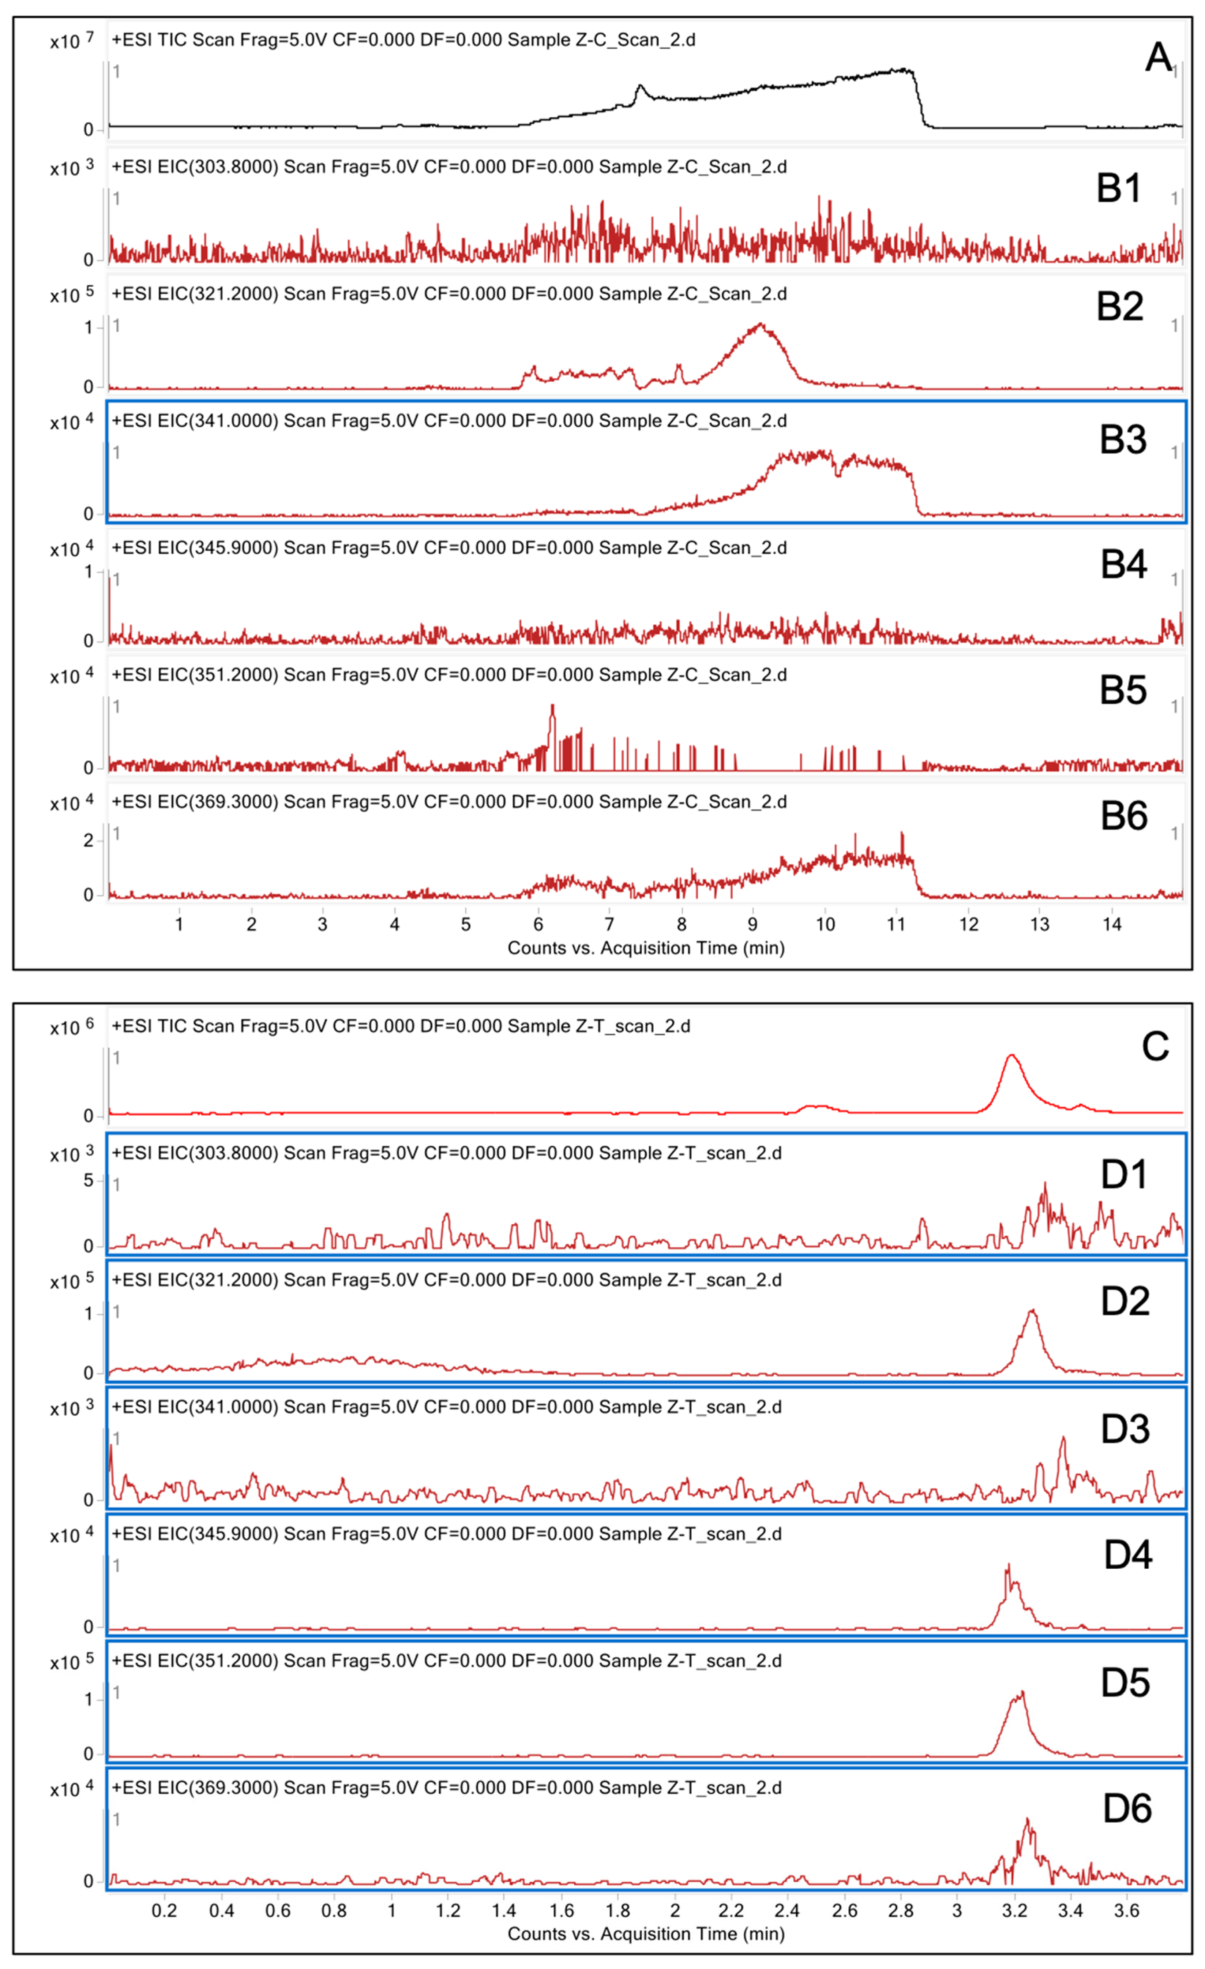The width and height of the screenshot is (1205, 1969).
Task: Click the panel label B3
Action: click(1123, 439)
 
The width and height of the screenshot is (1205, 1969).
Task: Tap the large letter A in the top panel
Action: click(1158, 57)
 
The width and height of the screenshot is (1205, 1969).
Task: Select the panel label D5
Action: click(1125, 1682)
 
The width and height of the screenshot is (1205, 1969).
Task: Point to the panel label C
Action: click(1155, 1046)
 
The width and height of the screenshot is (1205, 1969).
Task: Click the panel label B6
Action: click(1123, 816)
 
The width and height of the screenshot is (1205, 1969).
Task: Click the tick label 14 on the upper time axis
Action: click(1111, 925)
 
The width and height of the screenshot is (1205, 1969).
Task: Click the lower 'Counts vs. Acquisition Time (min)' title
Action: click(646, 1934)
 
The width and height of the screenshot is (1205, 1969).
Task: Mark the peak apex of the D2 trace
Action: click(1032, 1311)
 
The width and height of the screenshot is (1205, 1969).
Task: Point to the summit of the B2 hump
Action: click(760, 325)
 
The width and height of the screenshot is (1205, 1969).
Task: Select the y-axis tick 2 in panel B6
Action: click(89, 841)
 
